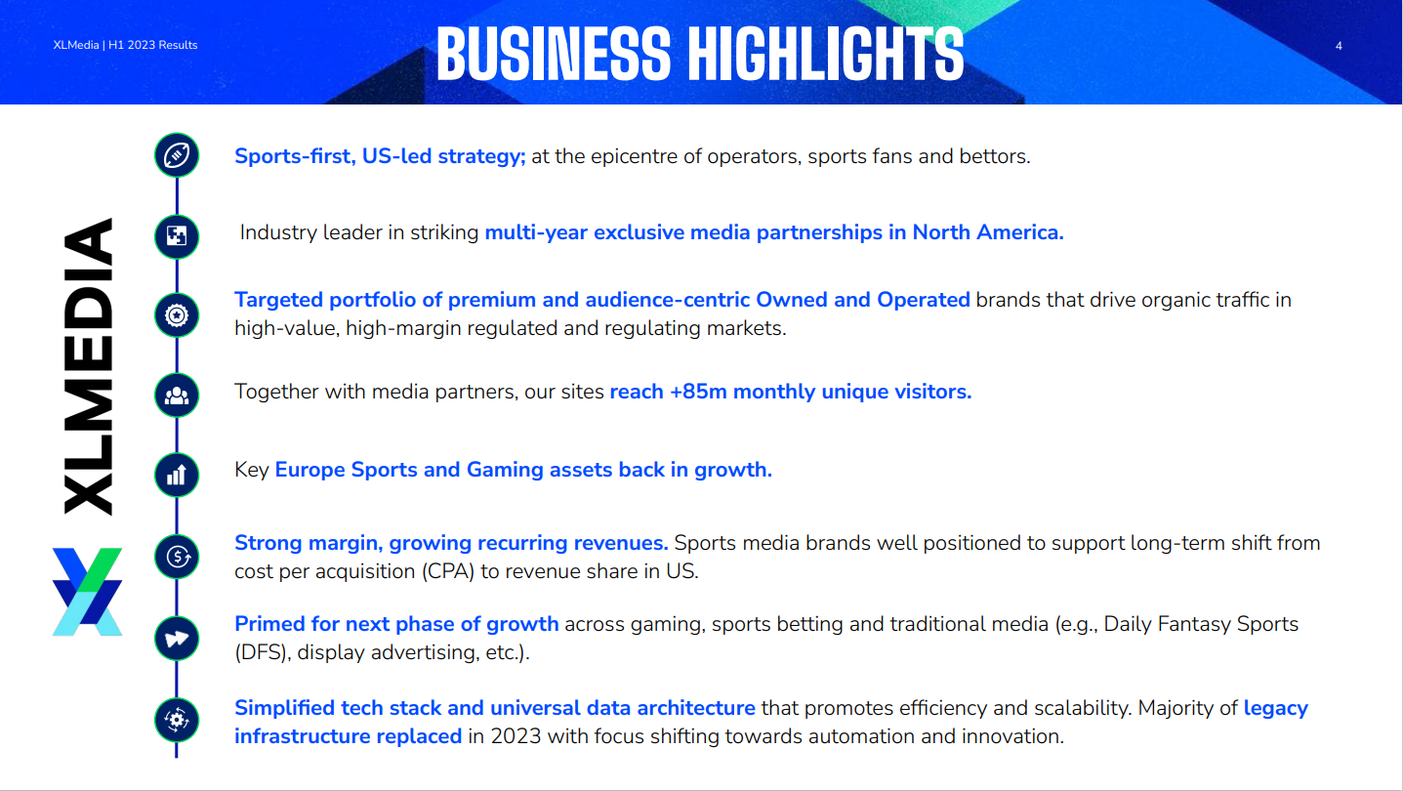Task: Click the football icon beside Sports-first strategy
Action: point(177,154)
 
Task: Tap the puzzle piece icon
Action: point(177,236)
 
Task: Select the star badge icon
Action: point(177,315)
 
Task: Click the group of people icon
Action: point(177,395)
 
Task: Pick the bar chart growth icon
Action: point(177,475)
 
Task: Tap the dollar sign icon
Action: point(177,557)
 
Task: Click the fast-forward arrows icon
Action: point(177,639)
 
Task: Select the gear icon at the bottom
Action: point(177,720)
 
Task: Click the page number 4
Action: point(1339,46)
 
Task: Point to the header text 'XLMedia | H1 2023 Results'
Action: point(125,45)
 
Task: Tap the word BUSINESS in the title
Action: point(554,54)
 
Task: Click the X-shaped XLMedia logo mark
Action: point(87,592)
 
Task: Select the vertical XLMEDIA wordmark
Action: point(88,366)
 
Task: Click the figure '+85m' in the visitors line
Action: point(698,392)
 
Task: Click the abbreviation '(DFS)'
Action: point(263,652)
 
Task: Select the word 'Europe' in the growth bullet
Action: point(310,470)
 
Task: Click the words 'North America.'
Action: point(988,232)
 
